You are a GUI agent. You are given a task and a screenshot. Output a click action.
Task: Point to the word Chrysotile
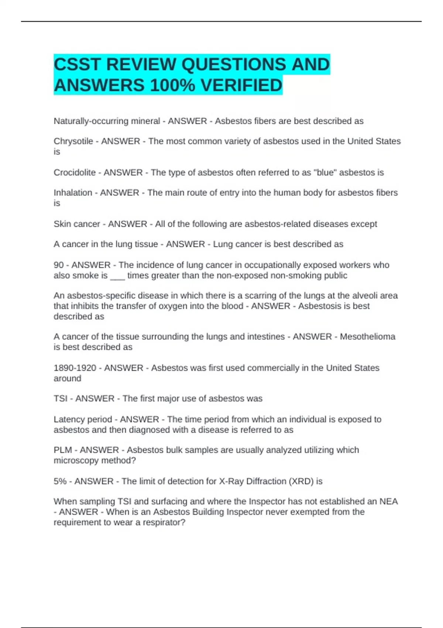[73, 141]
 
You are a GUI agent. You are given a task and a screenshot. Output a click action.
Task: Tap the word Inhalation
[73, 193]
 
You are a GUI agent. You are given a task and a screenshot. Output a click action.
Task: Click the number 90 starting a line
[59, 265]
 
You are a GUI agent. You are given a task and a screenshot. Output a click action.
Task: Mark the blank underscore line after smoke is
[117, 276]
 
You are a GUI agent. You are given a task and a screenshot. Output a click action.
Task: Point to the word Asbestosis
[320, 306]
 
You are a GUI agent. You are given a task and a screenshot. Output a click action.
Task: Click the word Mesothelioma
[367, 337]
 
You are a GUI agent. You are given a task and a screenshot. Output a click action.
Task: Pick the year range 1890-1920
[75, 368]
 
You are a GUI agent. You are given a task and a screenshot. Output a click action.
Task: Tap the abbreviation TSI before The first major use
[61, 399]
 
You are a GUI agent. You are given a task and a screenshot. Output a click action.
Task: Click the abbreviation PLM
[63, 450]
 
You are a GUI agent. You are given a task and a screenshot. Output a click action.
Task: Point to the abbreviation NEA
[388, 502]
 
